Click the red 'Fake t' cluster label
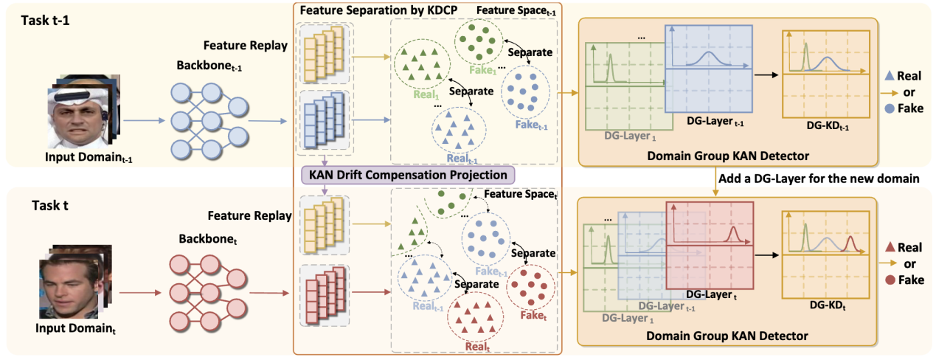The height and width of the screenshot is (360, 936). point(527,314)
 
